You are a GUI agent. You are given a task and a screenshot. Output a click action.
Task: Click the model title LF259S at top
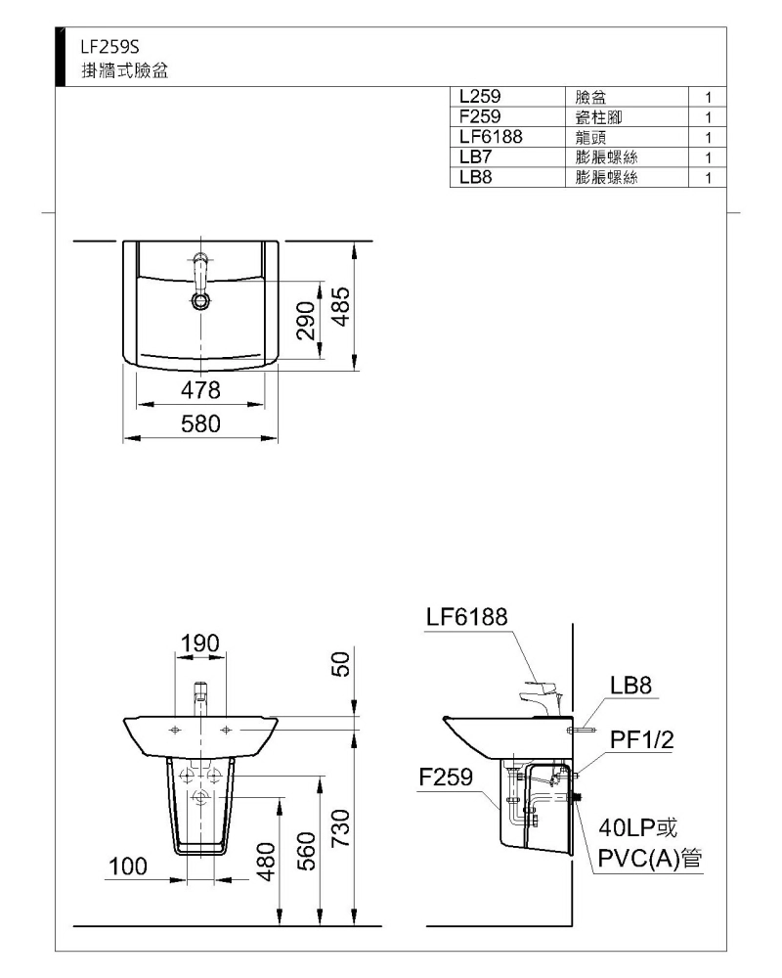(x=109, y=47)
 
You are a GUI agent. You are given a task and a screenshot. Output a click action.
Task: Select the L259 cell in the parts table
(x=480, y=96)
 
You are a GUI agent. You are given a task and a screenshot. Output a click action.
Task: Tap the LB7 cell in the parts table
(x=475, y=156)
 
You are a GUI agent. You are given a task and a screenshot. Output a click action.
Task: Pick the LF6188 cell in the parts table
(x=491, y=137)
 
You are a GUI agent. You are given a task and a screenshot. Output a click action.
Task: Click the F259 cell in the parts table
(x=480, y=116)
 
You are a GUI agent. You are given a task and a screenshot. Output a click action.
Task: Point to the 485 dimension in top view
(x=340, y=306)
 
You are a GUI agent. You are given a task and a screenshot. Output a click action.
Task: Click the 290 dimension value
(x=306, y=321)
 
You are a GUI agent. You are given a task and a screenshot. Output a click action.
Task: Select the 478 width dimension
(x=200, y=390)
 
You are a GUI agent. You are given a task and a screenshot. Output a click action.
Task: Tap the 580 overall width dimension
(x=200, y=424)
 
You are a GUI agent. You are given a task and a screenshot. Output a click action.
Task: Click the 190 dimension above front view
(x=200, y=644)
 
